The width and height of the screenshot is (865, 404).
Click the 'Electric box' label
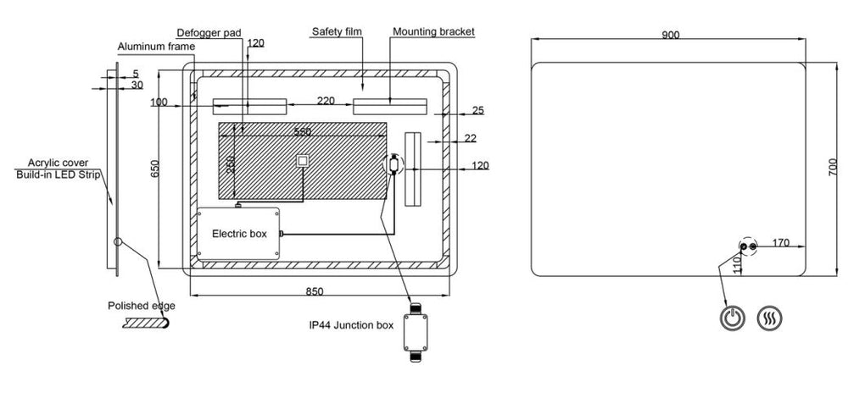(x=239, y=234)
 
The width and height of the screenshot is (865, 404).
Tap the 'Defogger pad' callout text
(x=209, y=33)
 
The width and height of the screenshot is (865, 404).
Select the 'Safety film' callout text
(x=337, y=31)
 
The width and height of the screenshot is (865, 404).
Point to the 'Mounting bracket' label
(x=433, y=31)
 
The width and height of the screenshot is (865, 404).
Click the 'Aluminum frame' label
(x=156, y=47)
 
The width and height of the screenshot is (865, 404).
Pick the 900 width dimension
(x=671, y=35)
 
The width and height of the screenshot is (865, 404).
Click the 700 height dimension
(x=833, y=167)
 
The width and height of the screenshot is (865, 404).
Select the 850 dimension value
(x=315, y=291)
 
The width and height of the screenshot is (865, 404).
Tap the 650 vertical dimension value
(x=154, y=169)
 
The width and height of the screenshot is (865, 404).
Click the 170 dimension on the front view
(x=780, y=242)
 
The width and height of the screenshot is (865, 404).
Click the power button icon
(x=732, y=318)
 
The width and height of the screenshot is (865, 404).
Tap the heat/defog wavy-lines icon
(x=769, y=318)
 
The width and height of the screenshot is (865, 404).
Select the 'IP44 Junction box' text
(x=351, y=325)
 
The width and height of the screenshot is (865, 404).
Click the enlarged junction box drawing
(x=415, y=332)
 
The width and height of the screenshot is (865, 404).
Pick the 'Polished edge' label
(x=142, y=306)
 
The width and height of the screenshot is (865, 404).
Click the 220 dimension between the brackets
(x=326, y=101)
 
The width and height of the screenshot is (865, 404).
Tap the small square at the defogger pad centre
(x=303, y=161)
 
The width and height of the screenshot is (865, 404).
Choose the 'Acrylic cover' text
(x=58, y=163)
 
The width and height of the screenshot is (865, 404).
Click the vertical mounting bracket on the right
(x=413, y=169)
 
